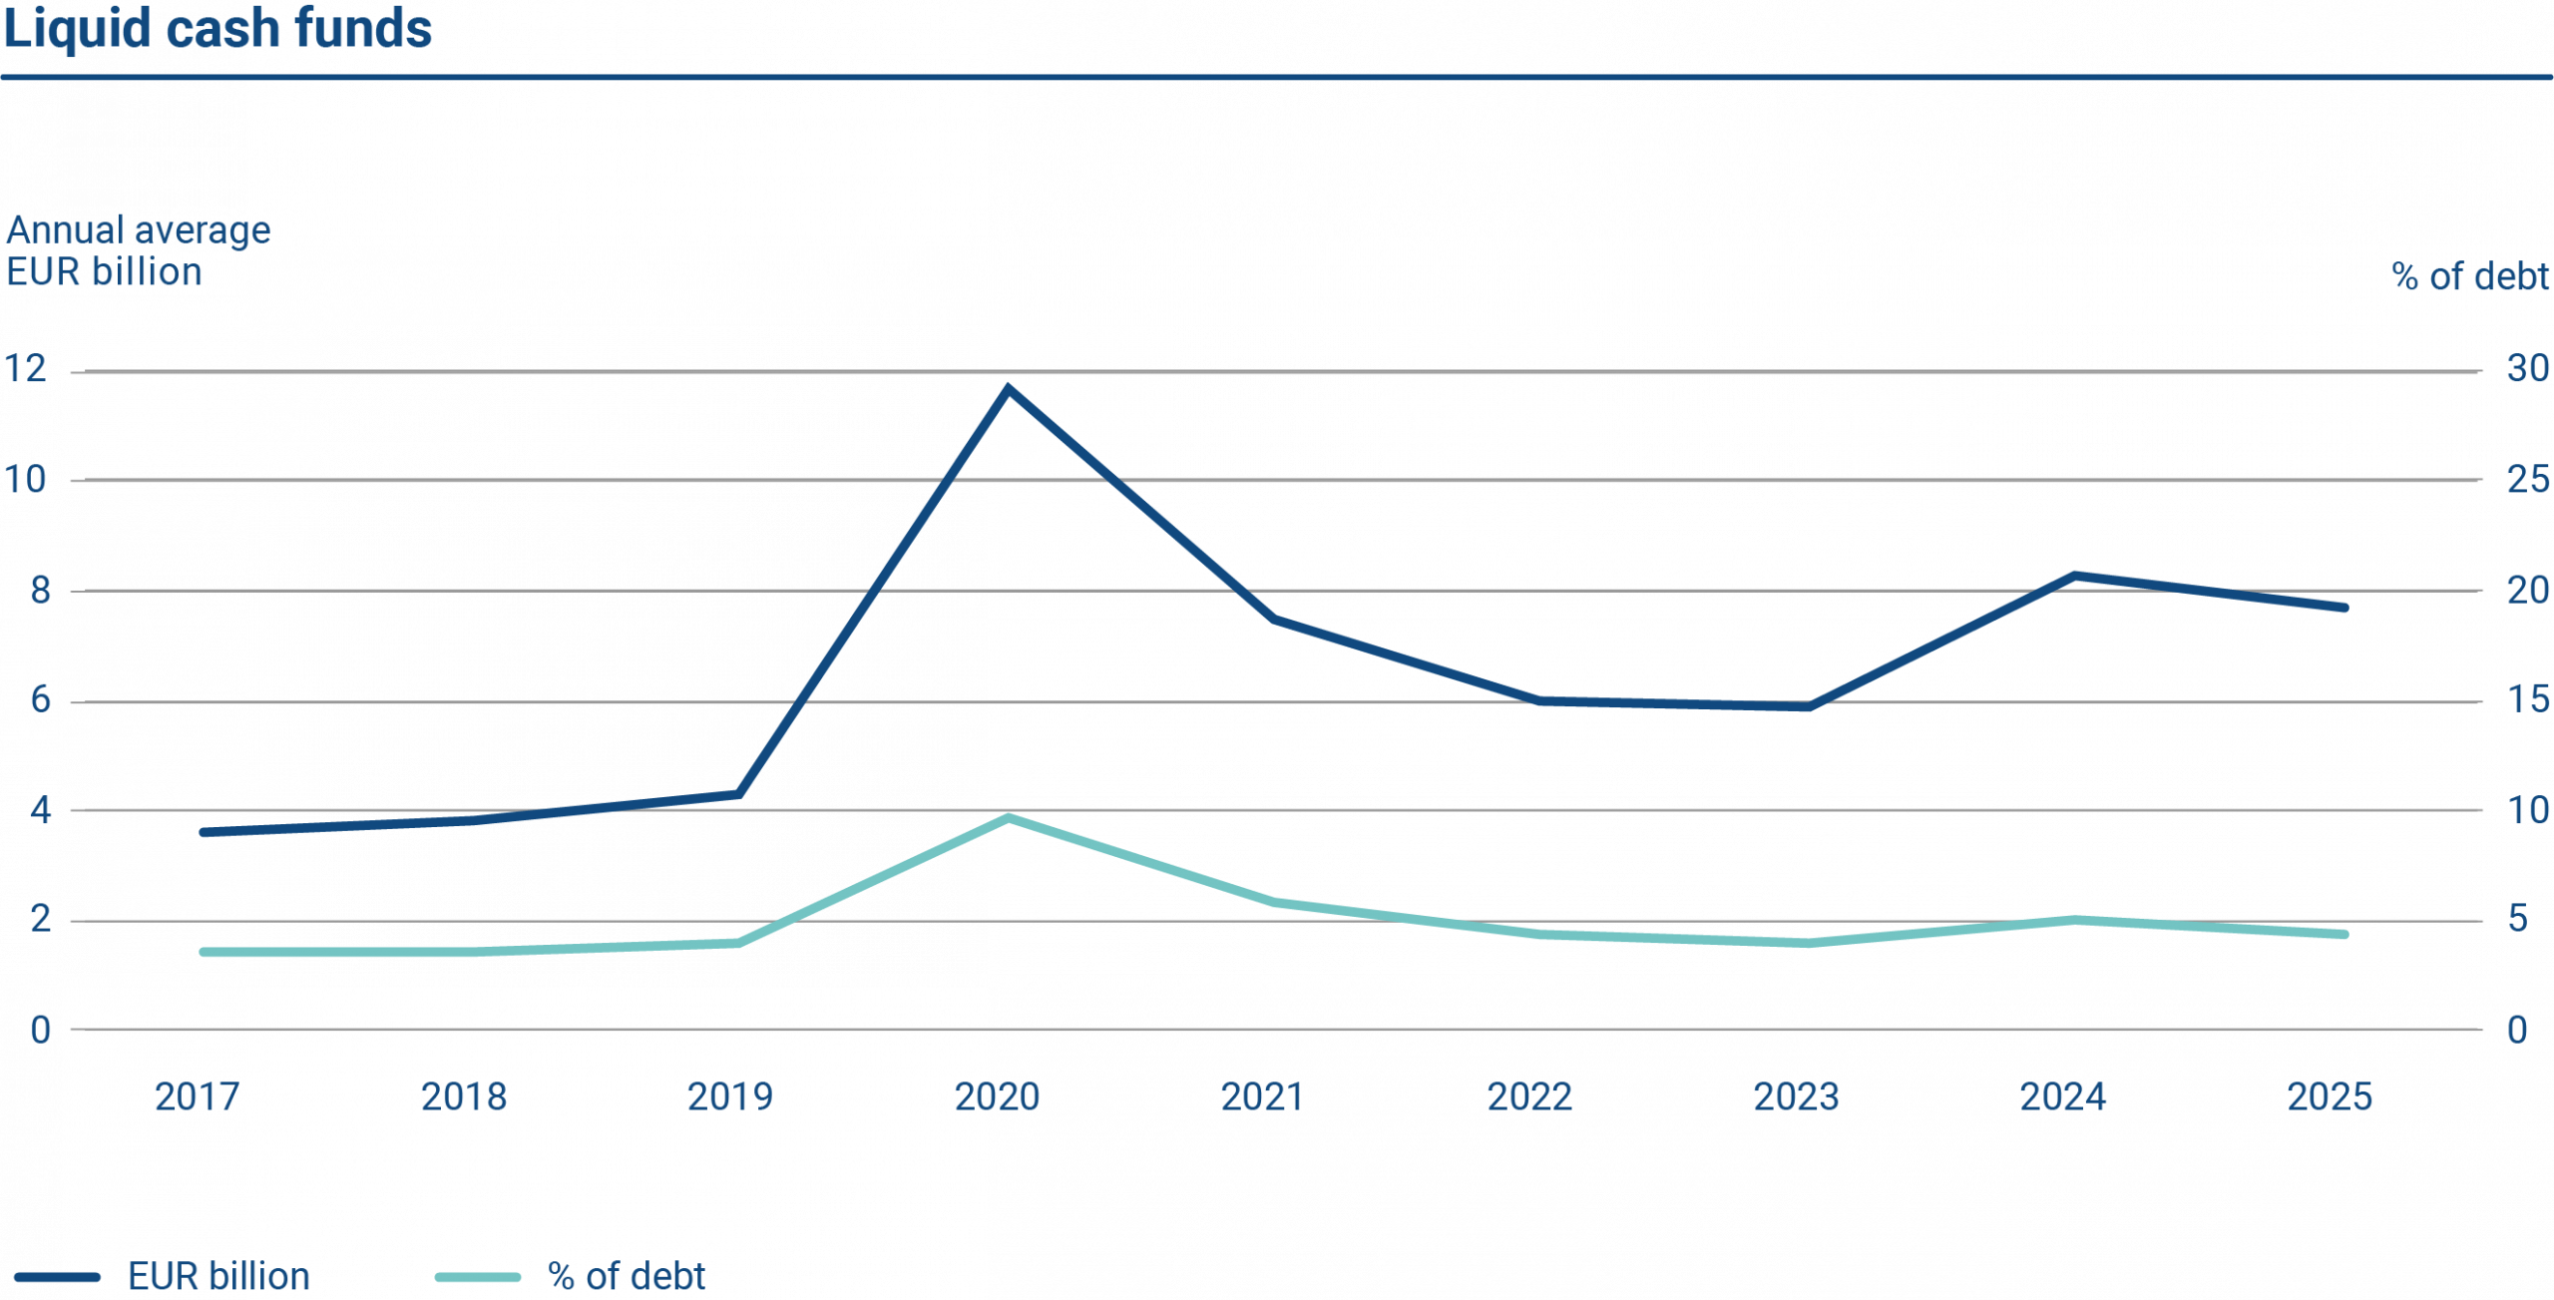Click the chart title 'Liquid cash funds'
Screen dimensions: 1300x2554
[x=217, y=28]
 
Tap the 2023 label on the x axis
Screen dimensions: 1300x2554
[x=1796, y=1097]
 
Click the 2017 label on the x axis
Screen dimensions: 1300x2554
[x=197, y=1097]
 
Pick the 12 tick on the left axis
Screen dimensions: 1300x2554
[x=27, y=370]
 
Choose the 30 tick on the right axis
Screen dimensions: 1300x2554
[x=2527, y=370]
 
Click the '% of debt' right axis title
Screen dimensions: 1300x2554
[x=2470, y=276]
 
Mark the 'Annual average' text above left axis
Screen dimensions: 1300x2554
[x=138, y=230]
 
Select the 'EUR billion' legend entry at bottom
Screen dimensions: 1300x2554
[x=218, y=1277]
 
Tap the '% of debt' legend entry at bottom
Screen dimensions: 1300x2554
[x=627, y=1277]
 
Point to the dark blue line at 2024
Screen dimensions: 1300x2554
[x=2073, y=576]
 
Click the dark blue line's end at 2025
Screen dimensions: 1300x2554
[x=2342, y=608]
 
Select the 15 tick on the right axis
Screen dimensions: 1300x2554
[x=2527, y=699]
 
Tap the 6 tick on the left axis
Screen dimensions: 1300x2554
[x=40, y=699]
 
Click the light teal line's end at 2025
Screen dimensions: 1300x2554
[x=2342, y=935]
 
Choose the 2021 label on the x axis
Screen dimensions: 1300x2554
[x=1262, y=1097]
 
